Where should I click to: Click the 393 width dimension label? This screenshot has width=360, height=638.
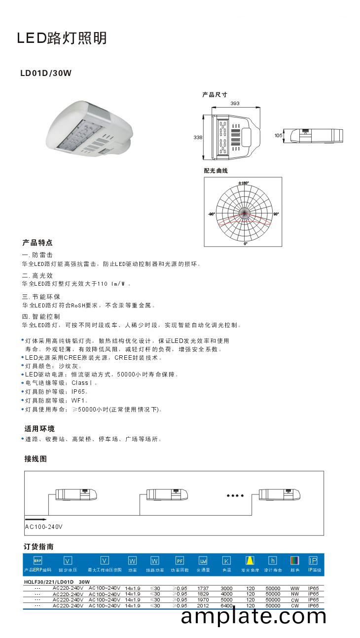pos(235,104)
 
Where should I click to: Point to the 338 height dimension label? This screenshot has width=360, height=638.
pos(198,138)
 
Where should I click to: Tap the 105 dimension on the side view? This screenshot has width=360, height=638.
pos(279,135)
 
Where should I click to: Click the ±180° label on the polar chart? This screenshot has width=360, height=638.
pos(244,183)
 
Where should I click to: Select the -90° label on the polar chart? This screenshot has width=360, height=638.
pos(212,214)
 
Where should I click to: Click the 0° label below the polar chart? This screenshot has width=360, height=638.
pos(245,243)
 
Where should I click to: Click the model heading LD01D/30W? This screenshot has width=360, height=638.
pos(46,74)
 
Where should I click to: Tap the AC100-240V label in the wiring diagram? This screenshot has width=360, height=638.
pos(44,526)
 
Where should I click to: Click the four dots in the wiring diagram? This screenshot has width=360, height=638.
pos(235,495)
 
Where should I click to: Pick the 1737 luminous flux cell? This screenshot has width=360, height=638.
pos(203,588)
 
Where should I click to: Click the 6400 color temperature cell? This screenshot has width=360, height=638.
pos(226,605)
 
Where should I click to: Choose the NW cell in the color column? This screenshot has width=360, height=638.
pos(295,594)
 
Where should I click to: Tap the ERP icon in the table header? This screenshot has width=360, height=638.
pos(37,561)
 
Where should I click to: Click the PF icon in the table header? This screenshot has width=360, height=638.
pos(180,561)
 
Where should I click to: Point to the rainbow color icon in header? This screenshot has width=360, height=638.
pos(294,561)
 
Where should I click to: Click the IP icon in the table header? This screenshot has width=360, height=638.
pos(313,561)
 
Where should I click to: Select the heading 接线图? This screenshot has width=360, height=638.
pos(36,458)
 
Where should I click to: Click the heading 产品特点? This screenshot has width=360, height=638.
pos(37,243)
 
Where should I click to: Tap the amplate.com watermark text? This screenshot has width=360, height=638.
pos(253,616)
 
